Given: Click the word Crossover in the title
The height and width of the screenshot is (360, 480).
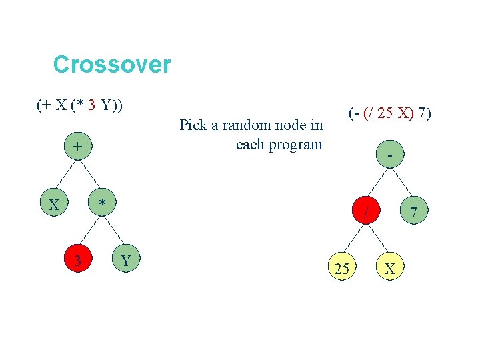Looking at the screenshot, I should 112,65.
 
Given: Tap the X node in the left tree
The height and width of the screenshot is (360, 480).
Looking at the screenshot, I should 53,204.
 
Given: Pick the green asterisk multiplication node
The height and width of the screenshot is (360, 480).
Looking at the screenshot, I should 102,203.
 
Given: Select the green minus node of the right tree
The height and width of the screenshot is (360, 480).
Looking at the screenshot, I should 389,155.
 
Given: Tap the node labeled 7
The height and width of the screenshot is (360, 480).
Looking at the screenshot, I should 414,213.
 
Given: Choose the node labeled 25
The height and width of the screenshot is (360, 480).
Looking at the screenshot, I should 341,269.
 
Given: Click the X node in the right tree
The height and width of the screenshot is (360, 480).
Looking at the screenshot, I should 390,269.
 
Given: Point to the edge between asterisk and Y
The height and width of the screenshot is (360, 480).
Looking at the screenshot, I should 114,231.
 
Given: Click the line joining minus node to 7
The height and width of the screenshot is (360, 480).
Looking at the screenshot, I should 401,183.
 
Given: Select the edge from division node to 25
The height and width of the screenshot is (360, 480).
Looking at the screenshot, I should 353,241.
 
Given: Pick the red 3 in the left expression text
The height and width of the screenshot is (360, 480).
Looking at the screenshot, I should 91,105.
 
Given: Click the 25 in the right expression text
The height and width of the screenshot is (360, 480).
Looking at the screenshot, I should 384,114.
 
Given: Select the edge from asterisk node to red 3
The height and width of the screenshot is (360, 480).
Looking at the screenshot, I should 90,231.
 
